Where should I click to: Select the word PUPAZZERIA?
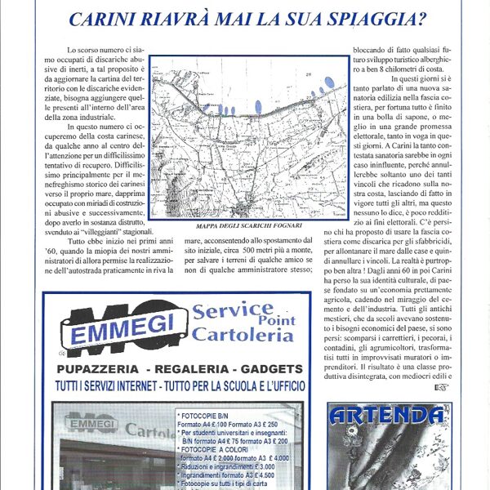tap(105, 369)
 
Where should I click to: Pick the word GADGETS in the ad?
tap(269, 369)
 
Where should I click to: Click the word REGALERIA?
tap(187, 369)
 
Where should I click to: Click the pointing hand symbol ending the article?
tap(442, 388)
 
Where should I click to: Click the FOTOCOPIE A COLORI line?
tap(214, 451)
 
